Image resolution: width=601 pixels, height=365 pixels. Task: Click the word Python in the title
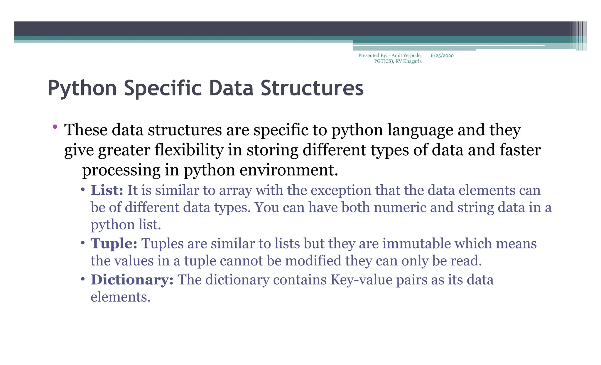click(82, 88)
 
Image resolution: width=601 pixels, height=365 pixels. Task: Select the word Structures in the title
click(312, 88)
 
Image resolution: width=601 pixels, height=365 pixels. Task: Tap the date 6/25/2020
click(442, 55)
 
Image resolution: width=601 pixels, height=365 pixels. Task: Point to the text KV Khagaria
click(408, 61)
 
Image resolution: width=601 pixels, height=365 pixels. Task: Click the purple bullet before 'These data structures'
click(55, 127)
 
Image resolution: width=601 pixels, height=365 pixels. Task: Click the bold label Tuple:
click(114, 243)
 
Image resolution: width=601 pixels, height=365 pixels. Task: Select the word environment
click(289, 170)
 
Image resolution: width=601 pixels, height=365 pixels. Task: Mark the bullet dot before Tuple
click(83, 243)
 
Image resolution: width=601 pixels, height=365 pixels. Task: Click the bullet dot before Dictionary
click(83, 279)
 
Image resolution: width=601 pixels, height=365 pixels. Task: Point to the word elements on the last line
click(120, 297)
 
